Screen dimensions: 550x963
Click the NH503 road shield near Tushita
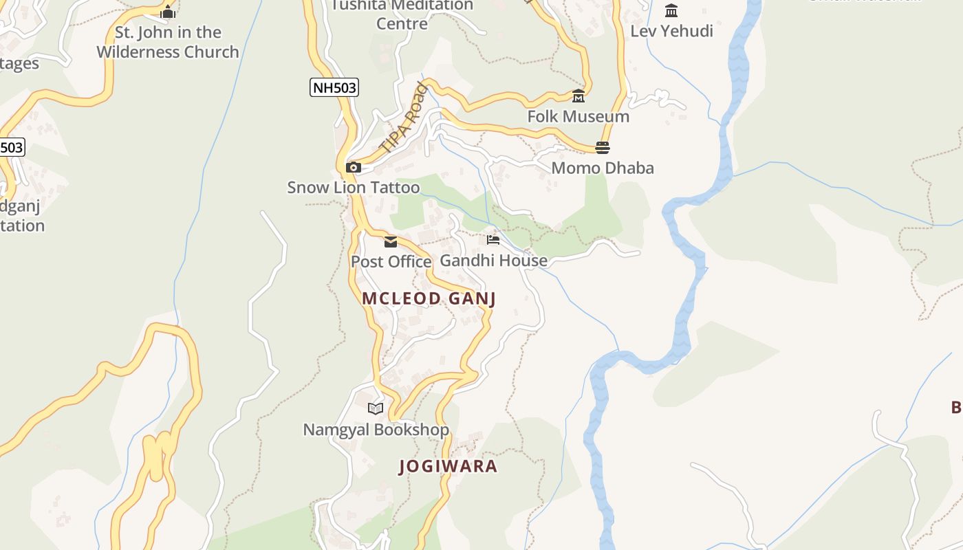click(x=334, y=87)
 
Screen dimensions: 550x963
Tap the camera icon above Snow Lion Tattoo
click(x=354, y=167)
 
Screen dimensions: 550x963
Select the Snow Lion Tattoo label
click(x=353, y=187)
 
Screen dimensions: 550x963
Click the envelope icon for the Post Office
click(x=391, y=241)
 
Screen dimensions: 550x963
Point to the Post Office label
click(x=391, y=262)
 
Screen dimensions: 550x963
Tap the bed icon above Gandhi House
click(x=493, y=240)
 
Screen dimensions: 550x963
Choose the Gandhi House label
click(x=493, y=261)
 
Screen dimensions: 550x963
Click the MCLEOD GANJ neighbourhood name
click(x=429, y=298)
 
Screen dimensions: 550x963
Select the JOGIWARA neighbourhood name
click(x=448, y=466)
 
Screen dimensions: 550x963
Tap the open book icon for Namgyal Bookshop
click(x=376, y=409)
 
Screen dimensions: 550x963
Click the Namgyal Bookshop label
click(x=376, y=430)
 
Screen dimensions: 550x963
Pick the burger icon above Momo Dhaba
click(x=603, y=148)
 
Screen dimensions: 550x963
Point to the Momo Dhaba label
click(x=603, y=168)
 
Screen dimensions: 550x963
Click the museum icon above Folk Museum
click(x=578, y=96)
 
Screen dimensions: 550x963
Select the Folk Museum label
click(x=578, y=117)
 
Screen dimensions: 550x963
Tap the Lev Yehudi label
click(x=671, y=31)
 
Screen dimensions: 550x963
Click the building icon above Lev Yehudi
click(x=671, y=11)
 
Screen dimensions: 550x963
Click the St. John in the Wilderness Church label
click(x=168, y=42)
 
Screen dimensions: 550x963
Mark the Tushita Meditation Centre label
click(x=402, y=14)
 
